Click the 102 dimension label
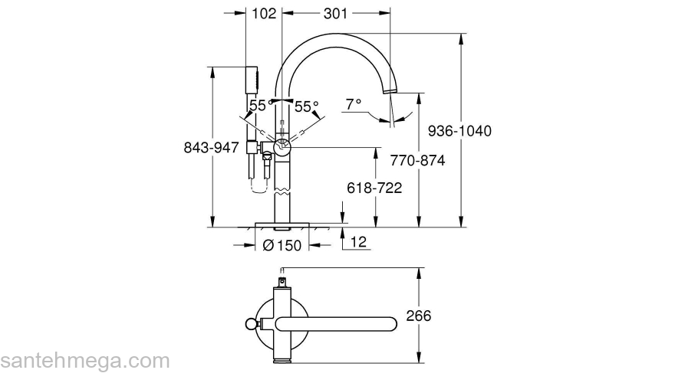(264, 13)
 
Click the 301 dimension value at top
(334, 13)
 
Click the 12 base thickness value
(358, 243)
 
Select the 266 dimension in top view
(418, 316)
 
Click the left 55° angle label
(258, 106)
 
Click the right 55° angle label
(307, 106)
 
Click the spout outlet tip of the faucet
(391, 91)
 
